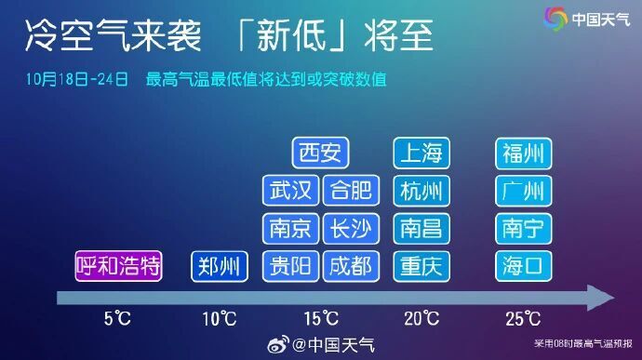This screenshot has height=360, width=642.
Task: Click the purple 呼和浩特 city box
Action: tap(119, 267)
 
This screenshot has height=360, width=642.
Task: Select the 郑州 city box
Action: tap(221, 267)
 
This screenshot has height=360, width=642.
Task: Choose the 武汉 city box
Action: tap(291, 191)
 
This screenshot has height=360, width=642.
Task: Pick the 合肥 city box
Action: tap(352, 191)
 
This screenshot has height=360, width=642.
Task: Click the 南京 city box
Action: tap(291, 229)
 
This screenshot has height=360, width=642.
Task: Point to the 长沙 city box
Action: tap(352, 229)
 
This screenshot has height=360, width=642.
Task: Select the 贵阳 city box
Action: tap(291, 267)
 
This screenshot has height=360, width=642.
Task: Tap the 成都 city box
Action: tap(352, 267)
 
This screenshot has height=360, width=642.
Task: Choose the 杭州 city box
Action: tap(421, 191)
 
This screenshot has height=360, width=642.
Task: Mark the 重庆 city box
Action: tap(421, 267)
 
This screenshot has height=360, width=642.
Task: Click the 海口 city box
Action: tap(523, 267)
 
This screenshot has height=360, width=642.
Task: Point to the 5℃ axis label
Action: tap(118, 319)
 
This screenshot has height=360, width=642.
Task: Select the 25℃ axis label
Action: tap(523, 319)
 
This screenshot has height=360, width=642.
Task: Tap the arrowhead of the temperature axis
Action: tap(600, 298)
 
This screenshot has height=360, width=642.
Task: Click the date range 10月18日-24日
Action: tap(77, 81)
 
